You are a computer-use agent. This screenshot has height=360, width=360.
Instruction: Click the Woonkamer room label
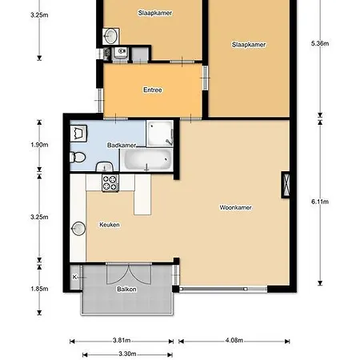[235, 207]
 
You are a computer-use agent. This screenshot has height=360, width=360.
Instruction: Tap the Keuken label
[110, 225]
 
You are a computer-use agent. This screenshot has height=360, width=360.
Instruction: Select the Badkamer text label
[122, 145]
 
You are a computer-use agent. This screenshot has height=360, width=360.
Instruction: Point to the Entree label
[153, 90]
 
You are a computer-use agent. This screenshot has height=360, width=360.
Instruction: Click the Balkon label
[126, 289]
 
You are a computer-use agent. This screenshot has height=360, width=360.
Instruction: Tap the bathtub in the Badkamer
[146, 159]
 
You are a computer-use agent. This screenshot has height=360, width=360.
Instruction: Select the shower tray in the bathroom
[160, 134]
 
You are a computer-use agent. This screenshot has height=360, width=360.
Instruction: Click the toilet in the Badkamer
[78, 157]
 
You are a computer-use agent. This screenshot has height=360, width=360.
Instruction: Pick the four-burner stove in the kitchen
[110, 183]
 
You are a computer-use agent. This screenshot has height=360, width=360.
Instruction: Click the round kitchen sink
[78, 229]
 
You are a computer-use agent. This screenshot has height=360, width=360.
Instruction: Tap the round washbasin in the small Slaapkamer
[110, 36]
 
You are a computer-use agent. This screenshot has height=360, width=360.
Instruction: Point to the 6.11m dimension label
[320, 202]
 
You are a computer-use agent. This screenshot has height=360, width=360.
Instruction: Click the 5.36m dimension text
[320, 43]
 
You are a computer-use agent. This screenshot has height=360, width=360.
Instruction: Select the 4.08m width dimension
[234, 340]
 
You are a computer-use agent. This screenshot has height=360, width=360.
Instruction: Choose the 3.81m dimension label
[122, 340]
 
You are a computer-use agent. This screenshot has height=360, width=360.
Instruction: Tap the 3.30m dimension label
[127, 354]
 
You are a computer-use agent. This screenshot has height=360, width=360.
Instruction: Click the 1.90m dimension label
[39, 145]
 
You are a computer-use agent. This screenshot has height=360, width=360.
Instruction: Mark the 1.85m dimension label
[39, 289]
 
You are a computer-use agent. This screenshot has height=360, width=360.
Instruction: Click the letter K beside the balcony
[74, 277]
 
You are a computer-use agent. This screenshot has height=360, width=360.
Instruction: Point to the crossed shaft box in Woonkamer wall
[286, 185]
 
